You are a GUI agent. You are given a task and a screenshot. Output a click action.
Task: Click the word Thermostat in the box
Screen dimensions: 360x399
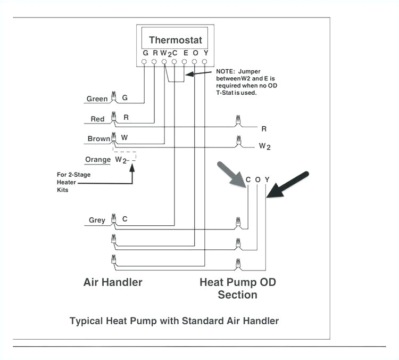pyautogui.click(x=175, y=40)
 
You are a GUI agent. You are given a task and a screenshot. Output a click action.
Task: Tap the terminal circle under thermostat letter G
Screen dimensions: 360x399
pyautogui.click(x=145, y=62)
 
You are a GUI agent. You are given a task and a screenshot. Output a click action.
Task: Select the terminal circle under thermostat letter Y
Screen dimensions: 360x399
pyautogui.click(x=204, y=62)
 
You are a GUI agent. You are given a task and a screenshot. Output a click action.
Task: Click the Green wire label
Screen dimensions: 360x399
pyautogui.click(x=97, y=99)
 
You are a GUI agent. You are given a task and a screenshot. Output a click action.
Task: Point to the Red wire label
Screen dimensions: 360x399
pyautogui.click(x=97, y=119)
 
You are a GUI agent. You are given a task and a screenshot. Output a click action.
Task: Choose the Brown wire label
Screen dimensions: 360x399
pyautogui.click(x=99, y=139)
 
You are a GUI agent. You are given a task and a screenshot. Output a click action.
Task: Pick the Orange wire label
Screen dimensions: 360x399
pyautogui.click(x=98, y=160)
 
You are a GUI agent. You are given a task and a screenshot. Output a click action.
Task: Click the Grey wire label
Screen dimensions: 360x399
pyautogui.click(x=97, y=220)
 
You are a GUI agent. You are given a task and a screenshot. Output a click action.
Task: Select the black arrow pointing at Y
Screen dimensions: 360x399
pyautogui.click(x=288, y=184)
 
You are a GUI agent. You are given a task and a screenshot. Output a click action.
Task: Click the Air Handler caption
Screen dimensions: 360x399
pyautogui.click(x=113, y=282)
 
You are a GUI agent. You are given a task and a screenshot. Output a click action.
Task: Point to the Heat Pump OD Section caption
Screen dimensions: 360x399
pyautogui.click(x=237, y=288)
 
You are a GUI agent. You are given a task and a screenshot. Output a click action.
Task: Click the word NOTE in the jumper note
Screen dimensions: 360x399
pyautogui.click(x=226, y=71)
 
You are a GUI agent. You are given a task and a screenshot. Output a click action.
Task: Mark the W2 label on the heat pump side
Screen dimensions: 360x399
pyautogui.click(x=264, y=146)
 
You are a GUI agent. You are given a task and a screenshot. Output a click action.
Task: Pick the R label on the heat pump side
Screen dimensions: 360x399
pyautogui.click(x=264, y=128)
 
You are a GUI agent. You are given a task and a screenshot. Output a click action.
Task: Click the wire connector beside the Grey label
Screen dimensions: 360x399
pyautogui.click(x=113, y=218)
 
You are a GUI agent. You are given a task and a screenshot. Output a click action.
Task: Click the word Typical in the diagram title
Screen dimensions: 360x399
pyautogui.click(x=87, y=321)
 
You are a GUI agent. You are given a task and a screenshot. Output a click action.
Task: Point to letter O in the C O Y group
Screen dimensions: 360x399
pyautogui.click(x=257, y=180)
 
